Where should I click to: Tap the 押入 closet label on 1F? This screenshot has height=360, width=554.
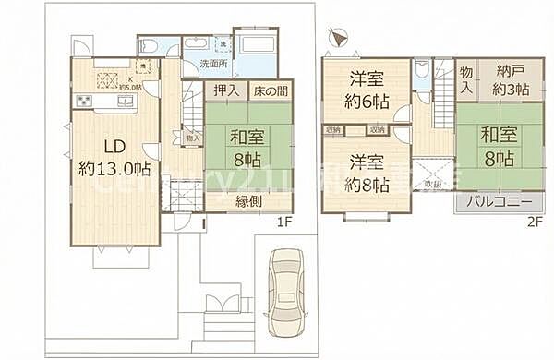226,90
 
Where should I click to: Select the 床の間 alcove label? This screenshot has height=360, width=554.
271,90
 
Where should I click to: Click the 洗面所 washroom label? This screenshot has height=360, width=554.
214,65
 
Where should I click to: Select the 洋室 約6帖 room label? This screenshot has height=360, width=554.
367,90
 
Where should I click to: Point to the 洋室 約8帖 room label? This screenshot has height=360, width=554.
367,174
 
